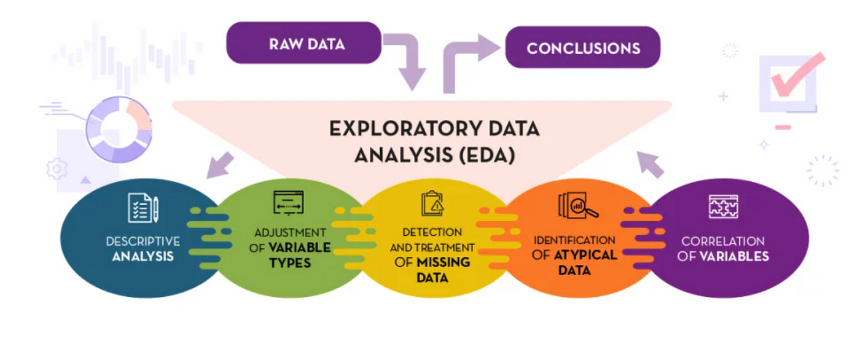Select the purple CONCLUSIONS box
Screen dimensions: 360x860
582,47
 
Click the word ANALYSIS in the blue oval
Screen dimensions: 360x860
143,256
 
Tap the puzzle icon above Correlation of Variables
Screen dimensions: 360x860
723,207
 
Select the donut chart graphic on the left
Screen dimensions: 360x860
119,129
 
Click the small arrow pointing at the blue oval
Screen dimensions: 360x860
219,165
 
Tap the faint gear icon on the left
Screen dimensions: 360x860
57,168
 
